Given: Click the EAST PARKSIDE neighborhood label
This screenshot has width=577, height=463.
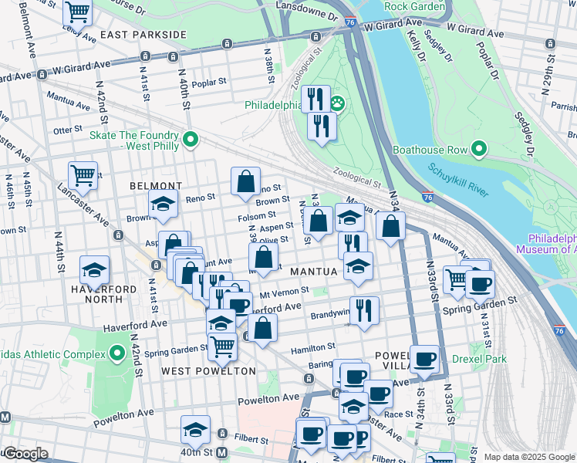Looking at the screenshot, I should click(143, 35).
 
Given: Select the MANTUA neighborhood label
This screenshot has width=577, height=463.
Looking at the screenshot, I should click(314, 272).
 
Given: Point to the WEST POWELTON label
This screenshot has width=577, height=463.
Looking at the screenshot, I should click(208, 371).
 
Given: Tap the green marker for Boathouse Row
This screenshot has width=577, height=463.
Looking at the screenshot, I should click(480, 149).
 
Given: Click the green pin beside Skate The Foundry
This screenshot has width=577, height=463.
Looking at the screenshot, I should click(191, 140).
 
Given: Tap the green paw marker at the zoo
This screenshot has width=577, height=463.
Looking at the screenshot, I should click(337, 103).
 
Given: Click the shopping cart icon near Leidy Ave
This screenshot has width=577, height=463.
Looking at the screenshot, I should click(78, 12).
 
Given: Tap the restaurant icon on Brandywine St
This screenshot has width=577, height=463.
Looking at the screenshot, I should click(364, 310).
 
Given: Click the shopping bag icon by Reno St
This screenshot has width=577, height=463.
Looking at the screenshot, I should click(245, 183).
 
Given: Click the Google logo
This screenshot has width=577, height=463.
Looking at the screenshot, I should click(25, 454).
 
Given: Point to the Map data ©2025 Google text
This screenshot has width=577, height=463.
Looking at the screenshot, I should click(529, 457).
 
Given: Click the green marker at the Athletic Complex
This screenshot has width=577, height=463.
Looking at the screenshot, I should click(117, 354).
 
